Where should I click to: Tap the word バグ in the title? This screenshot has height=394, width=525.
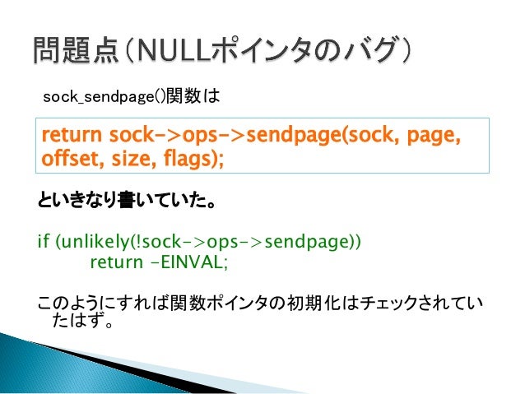[x=366, y=53]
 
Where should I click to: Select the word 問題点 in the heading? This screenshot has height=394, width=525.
[x=69, y=53]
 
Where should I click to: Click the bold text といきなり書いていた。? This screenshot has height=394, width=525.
[x=118, y=201]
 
